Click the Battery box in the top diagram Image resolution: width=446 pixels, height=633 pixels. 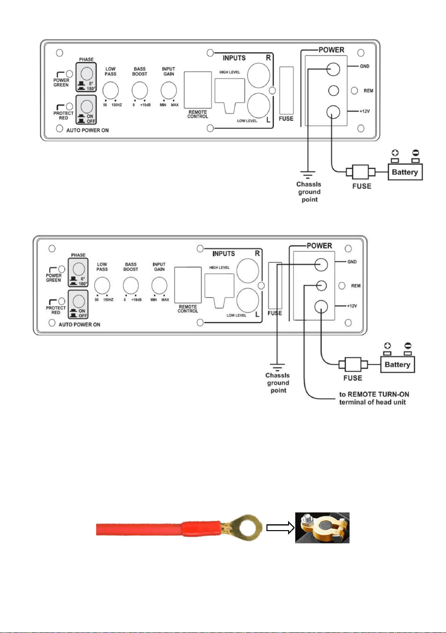point(405,172)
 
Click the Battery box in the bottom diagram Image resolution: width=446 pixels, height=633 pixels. point(397,365)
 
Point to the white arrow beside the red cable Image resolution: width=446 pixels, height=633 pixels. point(280,528)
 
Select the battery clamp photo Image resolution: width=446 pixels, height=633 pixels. point(322,528)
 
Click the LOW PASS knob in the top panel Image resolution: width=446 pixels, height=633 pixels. point(111,90)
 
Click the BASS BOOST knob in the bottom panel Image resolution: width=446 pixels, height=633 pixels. point(131,286)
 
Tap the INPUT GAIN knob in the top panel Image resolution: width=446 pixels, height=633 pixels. point(169,90)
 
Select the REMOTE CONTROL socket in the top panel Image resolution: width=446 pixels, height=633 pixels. point(198,90)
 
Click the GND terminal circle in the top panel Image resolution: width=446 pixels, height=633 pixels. point(333,69)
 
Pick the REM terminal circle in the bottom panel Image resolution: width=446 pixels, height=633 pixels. point(321,286)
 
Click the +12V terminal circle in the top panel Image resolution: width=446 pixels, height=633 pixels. point(333,112)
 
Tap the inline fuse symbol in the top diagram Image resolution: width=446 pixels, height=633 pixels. point(361,172)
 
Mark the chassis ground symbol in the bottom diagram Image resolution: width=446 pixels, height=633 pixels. point(277,367)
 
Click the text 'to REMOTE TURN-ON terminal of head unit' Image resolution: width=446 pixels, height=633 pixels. point(374,398)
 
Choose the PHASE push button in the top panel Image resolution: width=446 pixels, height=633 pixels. point(87,74)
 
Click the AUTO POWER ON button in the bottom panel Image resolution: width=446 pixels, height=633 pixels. point(79,301)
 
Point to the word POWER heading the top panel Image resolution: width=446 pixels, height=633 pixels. point(332,50)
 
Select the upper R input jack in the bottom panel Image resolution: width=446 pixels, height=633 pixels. point(247,271)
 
